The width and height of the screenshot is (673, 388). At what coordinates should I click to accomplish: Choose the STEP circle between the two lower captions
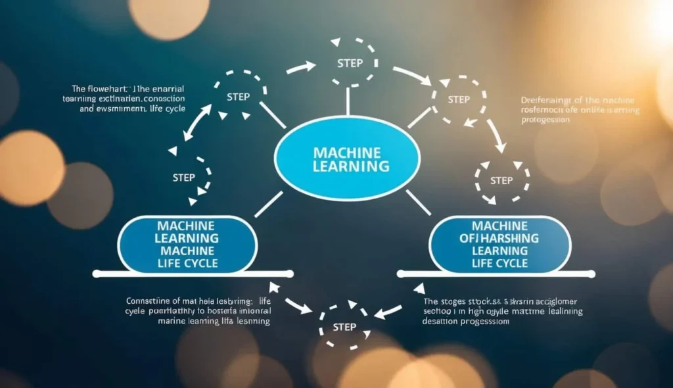(x=345, y=327)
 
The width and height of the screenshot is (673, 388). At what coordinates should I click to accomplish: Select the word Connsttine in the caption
(x=149, y=301)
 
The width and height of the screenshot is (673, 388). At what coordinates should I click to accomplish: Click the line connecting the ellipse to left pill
(x=268, y=203)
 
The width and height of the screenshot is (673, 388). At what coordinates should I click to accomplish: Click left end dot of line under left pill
(x=95, y=273)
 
